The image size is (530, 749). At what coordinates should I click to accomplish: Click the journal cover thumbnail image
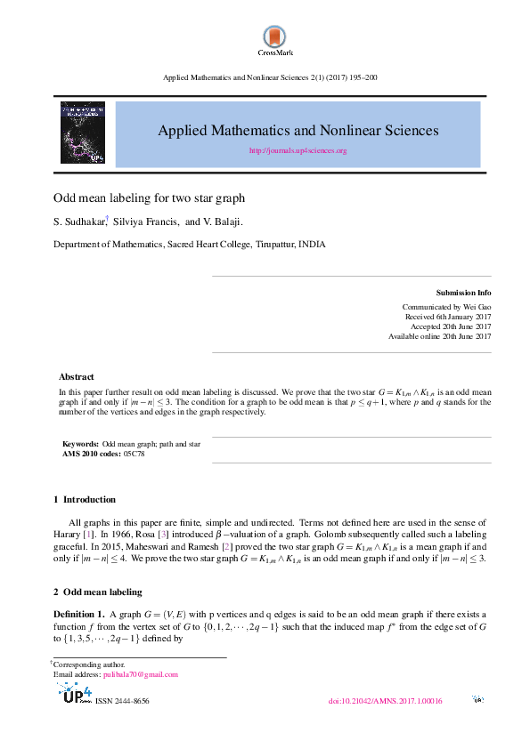(83, 133)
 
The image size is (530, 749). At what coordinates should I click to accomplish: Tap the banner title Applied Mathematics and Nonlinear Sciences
(298, 130)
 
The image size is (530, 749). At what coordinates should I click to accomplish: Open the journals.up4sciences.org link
(298, 151)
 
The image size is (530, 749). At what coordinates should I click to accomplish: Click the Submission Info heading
(463, 293)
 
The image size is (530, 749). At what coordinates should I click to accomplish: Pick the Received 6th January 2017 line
(448, 317)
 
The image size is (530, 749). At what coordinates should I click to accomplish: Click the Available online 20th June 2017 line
(439, 336)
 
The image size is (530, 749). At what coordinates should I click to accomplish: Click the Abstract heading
(76, 377)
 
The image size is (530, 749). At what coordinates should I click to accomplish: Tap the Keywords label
(80, 444)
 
